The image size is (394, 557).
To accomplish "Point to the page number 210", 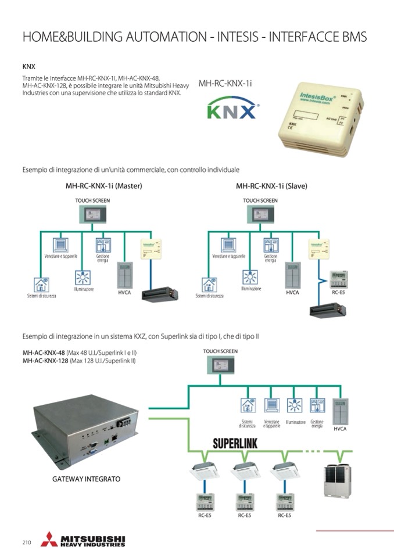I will tap(27, 542).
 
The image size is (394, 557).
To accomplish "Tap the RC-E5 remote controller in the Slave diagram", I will tap(338, 279).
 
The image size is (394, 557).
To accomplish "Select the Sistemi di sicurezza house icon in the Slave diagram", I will tap(209, 285).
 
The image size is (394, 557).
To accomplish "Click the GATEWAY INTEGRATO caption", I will tap(86, 479).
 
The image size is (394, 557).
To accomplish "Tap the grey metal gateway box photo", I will tap(85, 430).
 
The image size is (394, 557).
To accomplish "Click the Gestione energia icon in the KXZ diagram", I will tap(317, 405).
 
